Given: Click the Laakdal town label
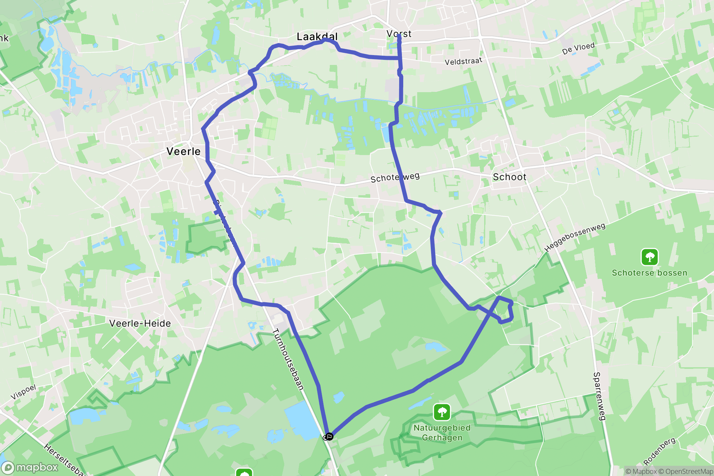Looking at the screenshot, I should [x=317, y=36].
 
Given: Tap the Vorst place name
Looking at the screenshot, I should [x=399, y=34].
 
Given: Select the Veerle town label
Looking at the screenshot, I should [x=184, y=151].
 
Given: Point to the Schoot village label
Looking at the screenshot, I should [x=510, y=177].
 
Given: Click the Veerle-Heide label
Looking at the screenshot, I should [x=140, y=323].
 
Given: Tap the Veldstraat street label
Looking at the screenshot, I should [x=463, y=62].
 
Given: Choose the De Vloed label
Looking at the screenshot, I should [x=578, y=48].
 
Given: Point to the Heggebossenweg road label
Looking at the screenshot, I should [x=575, y=237].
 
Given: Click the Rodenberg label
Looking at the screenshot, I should [x=659, y=451].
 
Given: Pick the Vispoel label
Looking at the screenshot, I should [x=23, y=392].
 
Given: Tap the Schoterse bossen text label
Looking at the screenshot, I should [x=649, y=273].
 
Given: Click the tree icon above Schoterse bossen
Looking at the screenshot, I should [x=649, y=257].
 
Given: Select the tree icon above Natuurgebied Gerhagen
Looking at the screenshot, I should [x=442, y=412].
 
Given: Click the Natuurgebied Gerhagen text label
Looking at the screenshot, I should [x=442, y=432].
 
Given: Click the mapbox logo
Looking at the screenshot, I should [x=31, y=468].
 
